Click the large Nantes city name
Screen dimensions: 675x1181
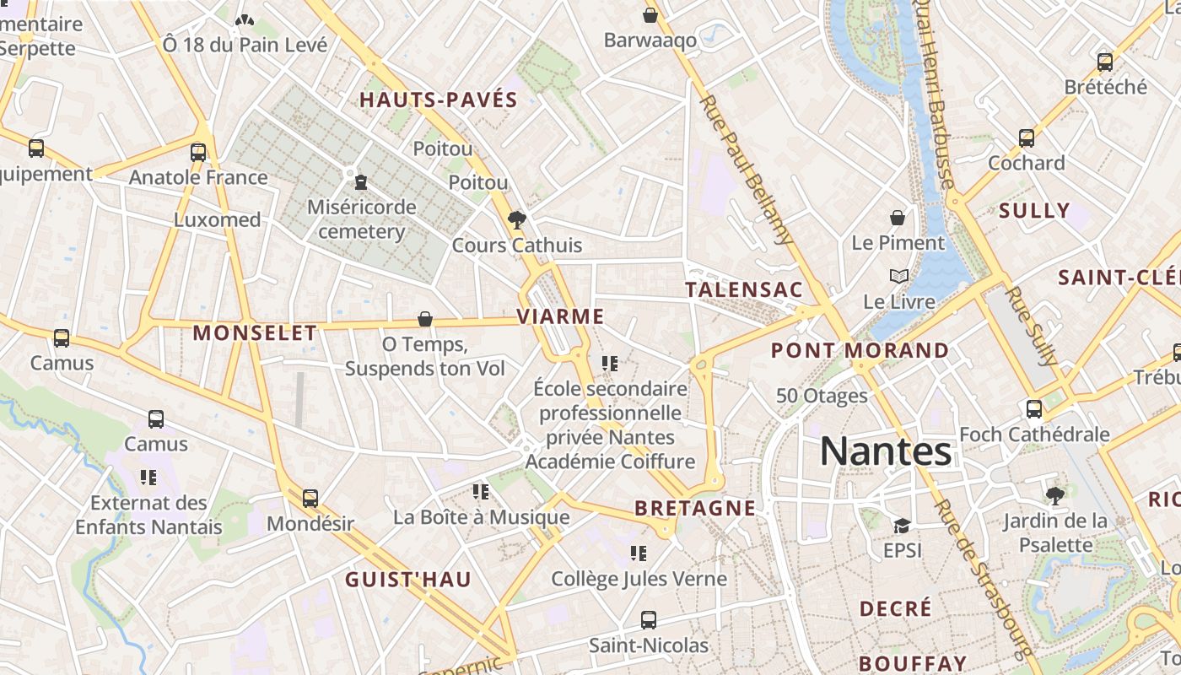coord(886,451)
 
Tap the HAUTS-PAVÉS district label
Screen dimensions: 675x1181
coord(439,100)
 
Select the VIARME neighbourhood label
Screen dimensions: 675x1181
coord(560,317)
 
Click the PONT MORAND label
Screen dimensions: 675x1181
coord(860,350)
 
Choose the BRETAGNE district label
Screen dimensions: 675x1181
coord(695,508)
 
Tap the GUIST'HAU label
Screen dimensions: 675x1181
coord(408,580)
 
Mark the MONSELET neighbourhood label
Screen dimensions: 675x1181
coord(255,333)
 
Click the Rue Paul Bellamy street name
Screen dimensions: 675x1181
coord(747,169)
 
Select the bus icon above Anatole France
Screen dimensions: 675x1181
coord(198,153)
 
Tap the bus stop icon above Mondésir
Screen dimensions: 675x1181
coord(310,499)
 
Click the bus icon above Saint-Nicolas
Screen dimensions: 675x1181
coord(648,620)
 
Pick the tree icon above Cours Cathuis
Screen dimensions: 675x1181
coord(516,220)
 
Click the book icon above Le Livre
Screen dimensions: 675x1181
coord(898,276)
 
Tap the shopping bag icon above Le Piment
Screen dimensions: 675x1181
coord(898,218)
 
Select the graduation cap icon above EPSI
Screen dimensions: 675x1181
coord(902,526)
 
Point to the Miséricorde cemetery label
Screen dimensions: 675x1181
coord(362,219)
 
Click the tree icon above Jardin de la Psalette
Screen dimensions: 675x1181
coord(1054,495)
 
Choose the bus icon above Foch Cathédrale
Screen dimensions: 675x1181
coord(1034,409)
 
